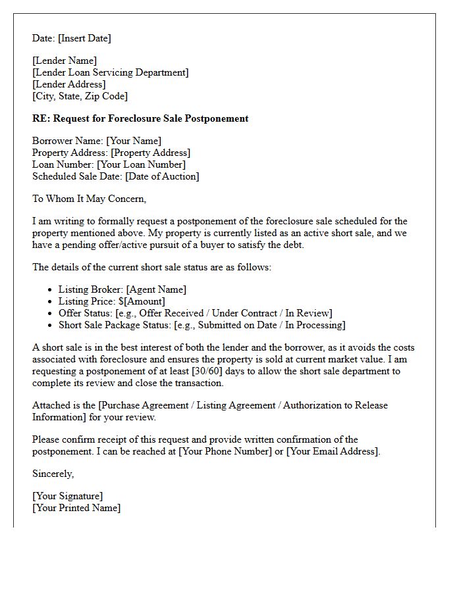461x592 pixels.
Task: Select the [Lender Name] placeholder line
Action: pyautogui.click(x=65, y=61)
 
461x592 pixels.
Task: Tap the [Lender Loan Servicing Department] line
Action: pyautogui.click(x=110, y=73)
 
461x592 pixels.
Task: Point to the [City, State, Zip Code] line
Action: pyautogui.click(x=80, y=96)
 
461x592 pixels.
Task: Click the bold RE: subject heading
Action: pyautogui.click(x=140, y=119)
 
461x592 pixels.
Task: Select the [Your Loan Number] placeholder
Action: pyautogui.click(x=141, y=164)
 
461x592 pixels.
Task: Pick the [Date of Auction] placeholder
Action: pyautogui.click(x=162, y=176)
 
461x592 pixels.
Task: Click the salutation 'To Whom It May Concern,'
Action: pyautogui.click(x=89, y=199)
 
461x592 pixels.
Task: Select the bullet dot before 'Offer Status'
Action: pyautogui.click(x=50, y=313)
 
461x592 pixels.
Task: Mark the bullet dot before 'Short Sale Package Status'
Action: pyautogui.click(x=50, y=325)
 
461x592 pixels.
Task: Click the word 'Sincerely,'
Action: pyautogui.click(x=53, y=474)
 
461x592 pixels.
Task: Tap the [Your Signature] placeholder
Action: pyautogui.click(x=67, y=496)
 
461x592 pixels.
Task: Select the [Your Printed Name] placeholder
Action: pyautogui.click(x=76, y=508)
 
